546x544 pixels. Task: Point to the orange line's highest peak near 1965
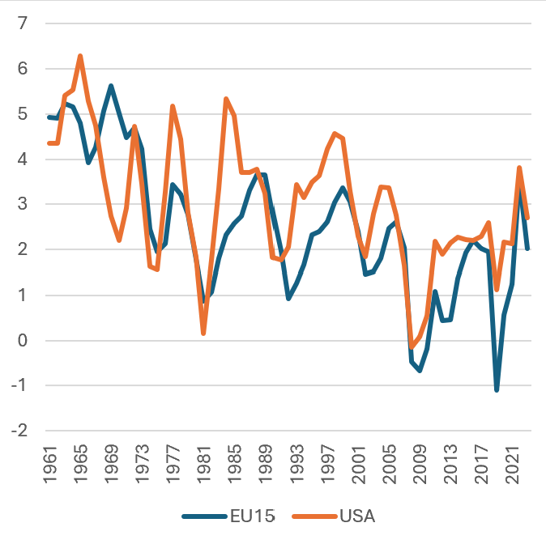[x=80, y=56]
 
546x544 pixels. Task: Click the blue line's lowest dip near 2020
[x=497, y=390]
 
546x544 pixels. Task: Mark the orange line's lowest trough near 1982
[x=203, y=333]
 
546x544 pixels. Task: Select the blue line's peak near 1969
[x=111, y=86]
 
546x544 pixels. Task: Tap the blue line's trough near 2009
[x=420, y=370]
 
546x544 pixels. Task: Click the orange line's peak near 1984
[x=226, y=99]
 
